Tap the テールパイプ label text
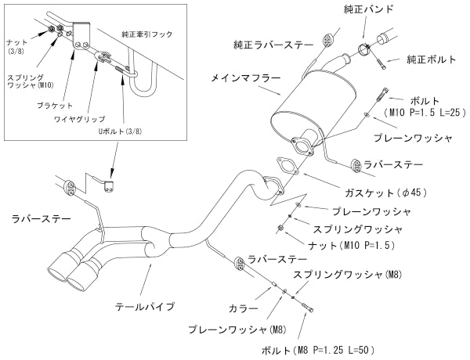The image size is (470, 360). (x=144, y=306)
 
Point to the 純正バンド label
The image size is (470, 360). (x=369, y=9)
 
